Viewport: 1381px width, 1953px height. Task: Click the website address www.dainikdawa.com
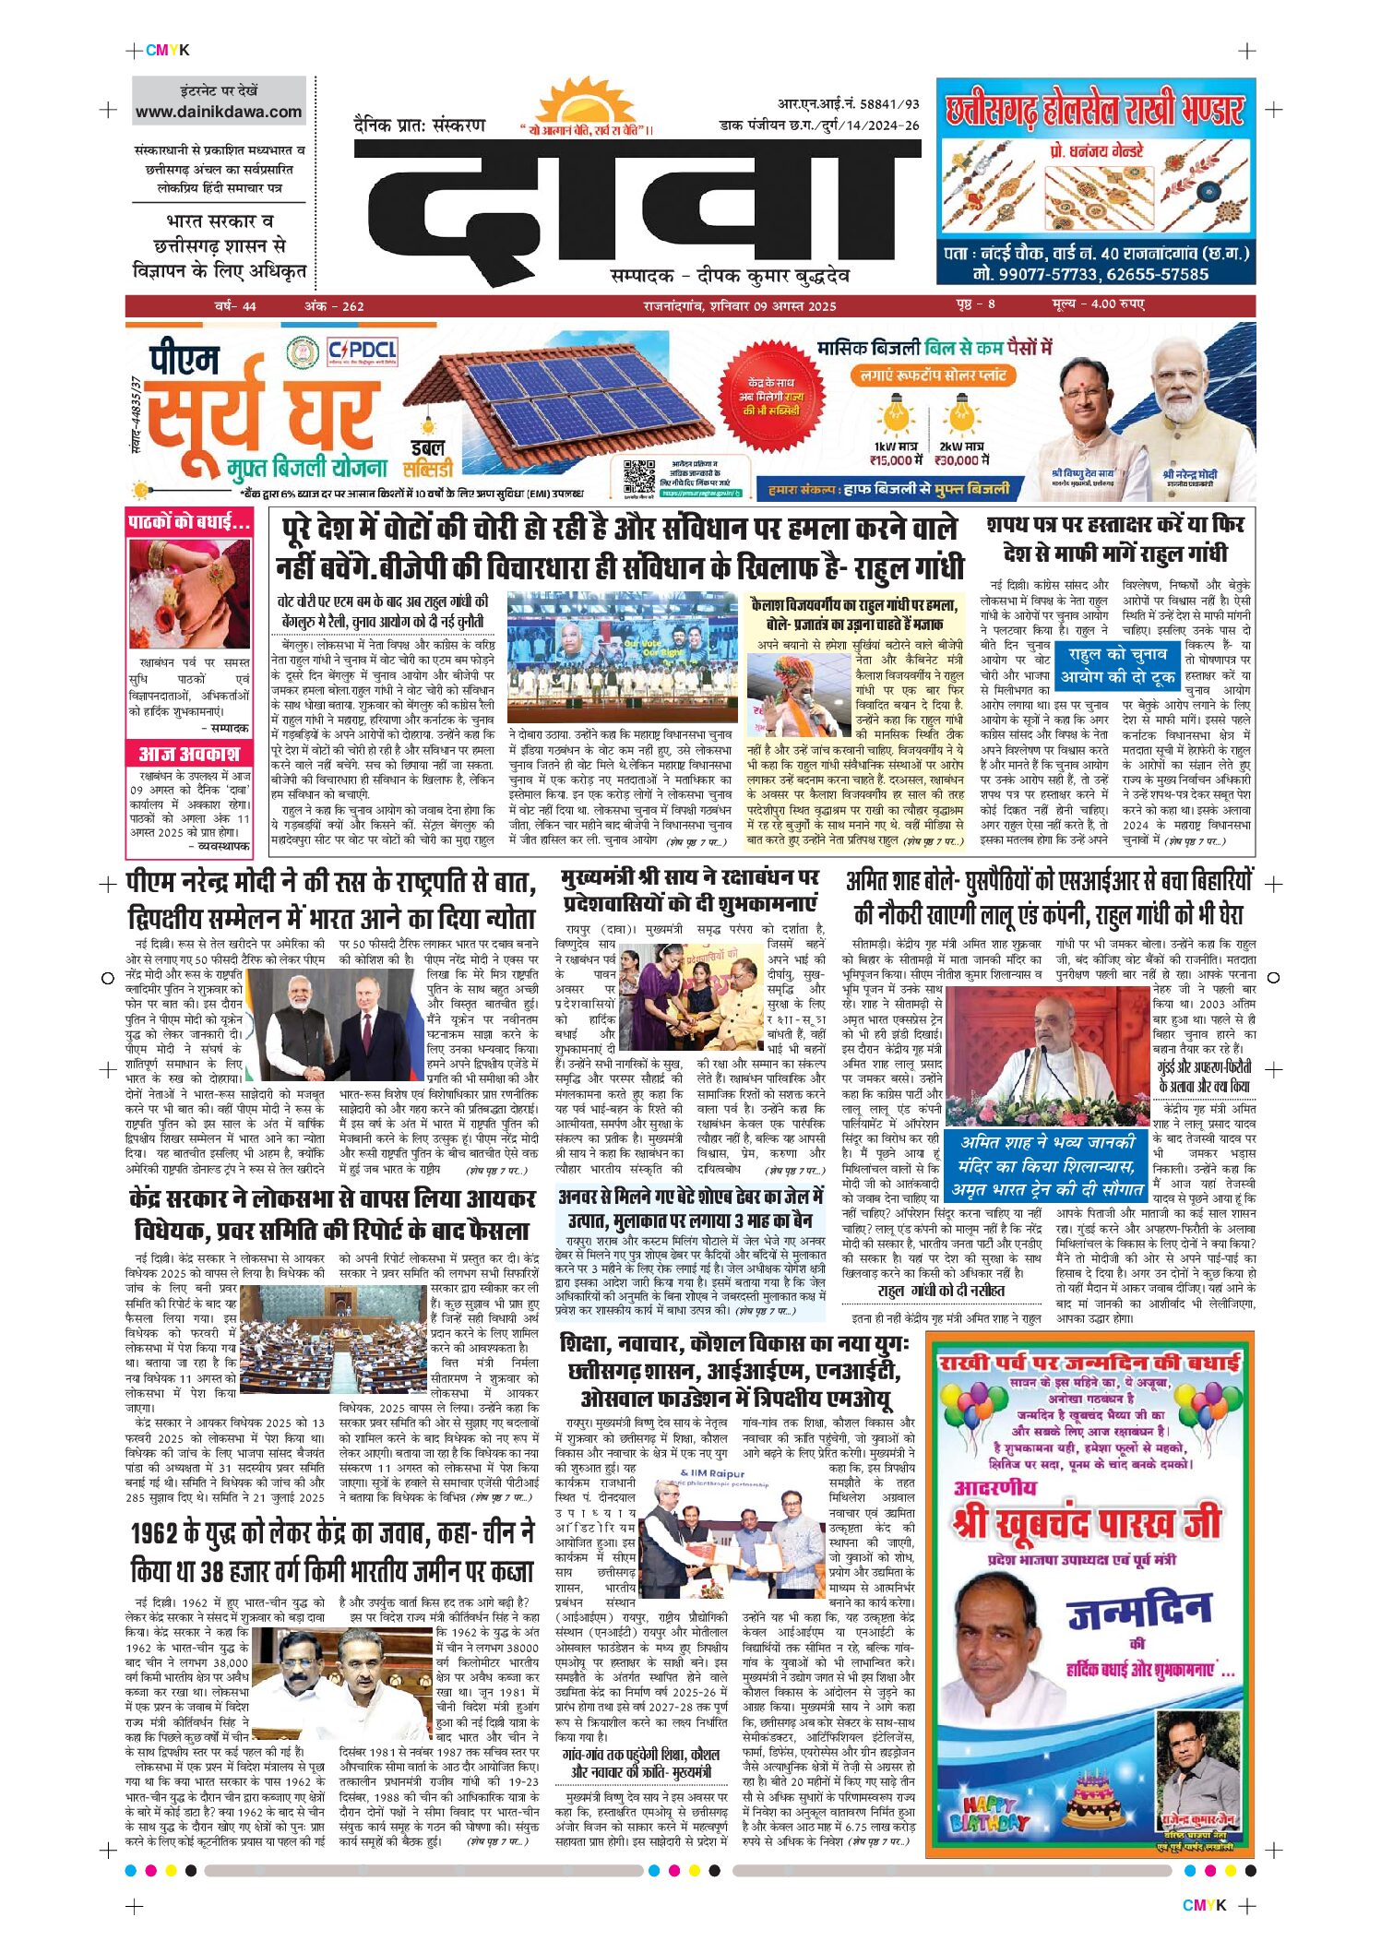[219, 113]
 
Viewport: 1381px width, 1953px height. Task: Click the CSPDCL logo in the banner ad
[363, 351]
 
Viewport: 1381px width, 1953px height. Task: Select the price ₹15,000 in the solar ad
[896, 459]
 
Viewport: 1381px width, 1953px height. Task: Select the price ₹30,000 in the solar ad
[961, 459]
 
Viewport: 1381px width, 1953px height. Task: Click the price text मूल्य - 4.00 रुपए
[1098, 304]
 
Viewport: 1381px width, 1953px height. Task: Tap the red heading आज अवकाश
[189, 754]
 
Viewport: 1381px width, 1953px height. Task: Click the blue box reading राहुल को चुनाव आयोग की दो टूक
[1118, 665]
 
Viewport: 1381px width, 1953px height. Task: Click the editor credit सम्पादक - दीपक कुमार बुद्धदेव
[730, 276]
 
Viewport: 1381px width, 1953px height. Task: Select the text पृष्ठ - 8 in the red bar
[976, 304]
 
